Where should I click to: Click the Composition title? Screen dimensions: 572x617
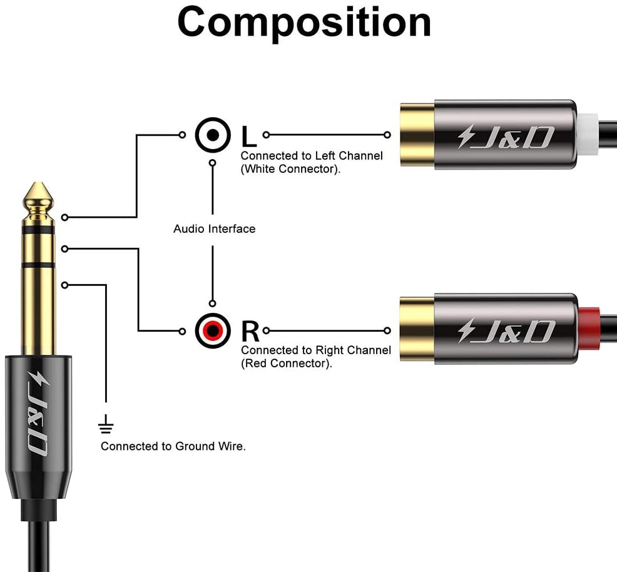(305, 23)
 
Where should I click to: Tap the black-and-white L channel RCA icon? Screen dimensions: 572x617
(213, 135)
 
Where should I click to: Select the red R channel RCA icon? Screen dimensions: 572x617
(213, 330)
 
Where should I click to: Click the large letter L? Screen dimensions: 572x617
(248, 135)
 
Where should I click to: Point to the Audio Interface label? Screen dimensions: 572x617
(214, 229)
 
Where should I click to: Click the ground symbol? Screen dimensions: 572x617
(106, 425)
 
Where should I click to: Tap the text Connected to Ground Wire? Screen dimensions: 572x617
(173, 446)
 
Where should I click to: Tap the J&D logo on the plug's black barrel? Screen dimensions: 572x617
(38, 414)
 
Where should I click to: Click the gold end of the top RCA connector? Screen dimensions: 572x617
(416, 134)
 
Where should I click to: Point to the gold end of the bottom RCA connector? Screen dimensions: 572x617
(416, 330)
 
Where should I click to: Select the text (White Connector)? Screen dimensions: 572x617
(291, 169)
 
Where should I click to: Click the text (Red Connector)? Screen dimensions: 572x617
(287, 364)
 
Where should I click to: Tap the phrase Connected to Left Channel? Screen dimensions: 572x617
(312, 156)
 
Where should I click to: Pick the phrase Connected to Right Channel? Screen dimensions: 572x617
(316, 350)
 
